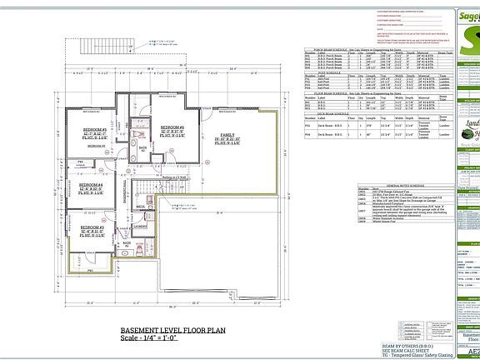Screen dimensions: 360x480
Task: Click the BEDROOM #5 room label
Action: tap(92, 130)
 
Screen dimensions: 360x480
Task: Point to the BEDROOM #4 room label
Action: tap(91, 184)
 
